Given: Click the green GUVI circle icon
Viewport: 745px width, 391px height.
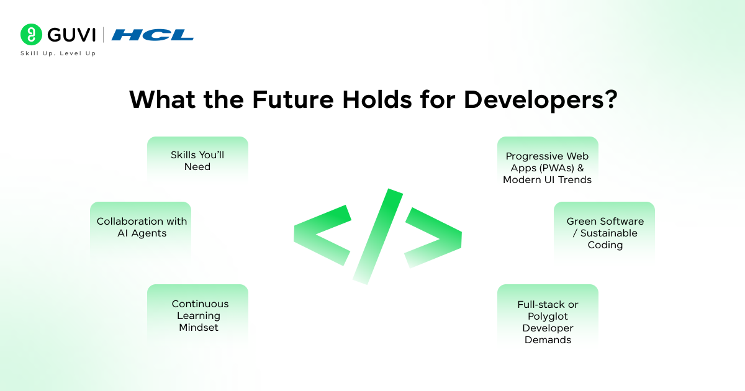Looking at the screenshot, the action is (x=31, y=34).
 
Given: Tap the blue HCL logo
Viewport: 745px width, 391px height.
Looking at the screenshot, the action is (x=153, y=35).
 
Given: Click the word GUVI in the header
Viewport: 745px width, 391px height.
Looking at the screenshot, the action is (x=71, y=35).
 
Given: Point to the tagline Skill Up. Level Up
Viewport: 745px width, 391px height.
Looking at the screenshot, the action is (x=58, y=53).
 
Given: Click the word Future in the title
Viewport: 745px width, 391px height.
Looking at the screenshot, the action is (x=293, y=99).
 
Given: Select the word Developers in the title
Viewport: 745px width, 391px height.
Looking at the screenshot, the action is (x=533, y=100).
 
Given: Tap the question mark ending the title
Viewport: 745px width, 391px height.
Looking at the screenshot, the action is (x=611, y=99).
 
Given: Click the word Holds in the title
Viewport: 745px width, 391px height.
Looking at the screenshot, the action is (x=377, y=99).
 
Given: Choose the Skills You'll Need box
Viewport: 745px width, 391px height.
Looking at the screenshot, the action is (x=197, y=160).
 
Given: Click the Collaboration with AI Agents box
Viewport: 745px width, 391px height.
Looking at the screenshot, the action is (x=141, y=230).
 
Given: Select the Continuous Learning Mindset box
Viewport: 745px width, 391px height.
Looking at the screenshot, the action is (x=197, y=314).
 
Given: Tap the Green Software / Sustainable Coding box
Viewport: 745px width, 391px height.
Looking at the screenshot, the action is (x=604, y=231).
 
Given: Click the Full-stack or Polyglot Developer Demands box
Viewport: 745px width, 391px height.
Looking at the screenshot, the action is (x=548, y=316).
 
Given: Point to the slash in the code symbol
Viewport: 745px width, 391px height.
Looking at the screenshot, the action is (x=378, y=236).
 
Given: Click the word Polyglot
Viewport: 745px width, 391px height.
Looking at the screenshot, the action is (x=548, y=317).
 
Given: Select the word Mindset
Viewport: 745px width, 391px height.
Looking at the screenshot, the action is (x=199, y=328).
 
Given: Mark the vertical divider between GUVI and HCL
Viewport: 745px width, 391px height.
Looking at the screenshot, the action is (x=103, y=35).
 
